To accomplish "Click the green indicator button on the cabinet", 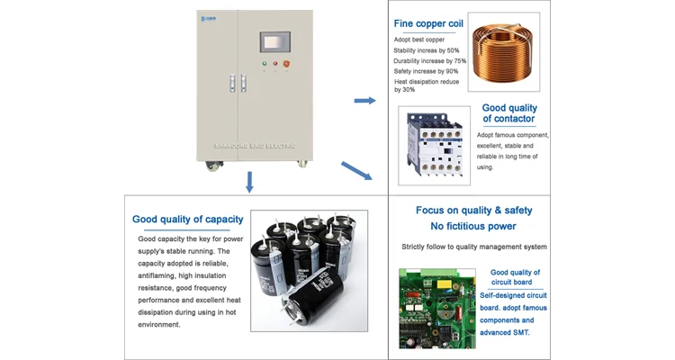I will (x=264, y=64).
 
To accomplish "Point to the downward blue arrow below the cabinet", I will (x=250, y=183).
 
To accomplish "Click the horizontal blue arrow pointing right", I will (x=364, y=100).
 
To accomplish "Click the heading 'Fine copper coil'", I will (x=429, y=24).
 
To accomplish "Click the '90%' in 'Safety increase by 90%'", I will (x=451, y=71).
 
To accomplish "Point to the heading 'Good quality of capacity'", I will (x=187, y=219).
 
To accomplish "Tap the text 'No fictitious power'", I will (x=473, y=226).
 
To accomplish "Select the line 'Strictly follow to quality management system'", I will (x=474, y=247).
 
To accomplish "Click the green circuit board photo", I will (x=436, y=307).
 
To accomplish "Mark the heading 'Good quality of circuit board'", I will (x=515, y=277).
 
